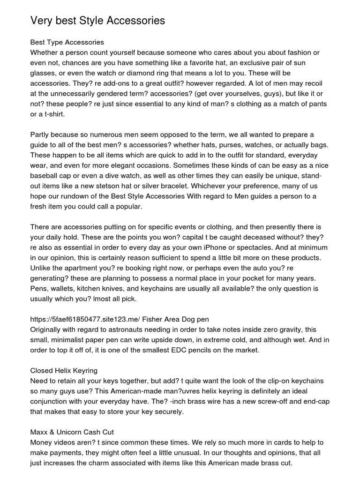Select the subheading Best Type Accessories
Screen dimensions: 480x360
tap(67, 43)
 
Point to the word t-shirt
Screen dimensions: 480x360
tap(52, 114)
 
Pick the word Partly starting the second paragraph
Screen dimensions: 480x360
tap(42, 135)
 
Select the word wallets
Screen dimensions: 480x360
tap(64, 288)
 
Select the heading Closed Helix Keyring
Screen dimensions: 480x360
tap(64, 371)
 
